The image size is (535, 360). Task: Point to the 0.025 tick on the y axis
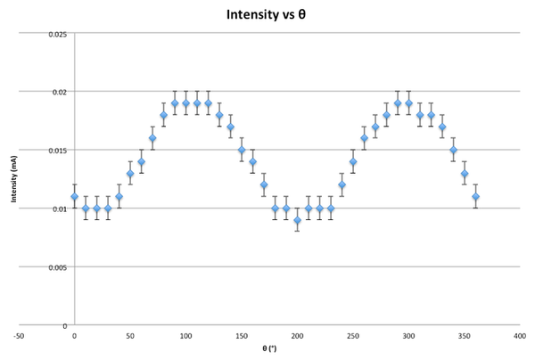click(56, 34)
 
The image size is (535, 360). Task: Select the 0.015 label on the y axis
click(56, 151)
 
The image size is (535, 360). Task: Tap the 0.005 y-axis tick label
click(56, 267)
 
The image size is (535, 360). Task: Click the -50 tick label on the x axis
click(20, 336)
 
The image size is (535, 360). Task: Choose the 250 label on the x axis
click(353, 336)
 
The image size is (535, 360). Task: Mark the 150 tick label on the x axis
click(242, 336)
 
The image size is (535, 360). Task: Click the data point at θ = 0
click(75, 197)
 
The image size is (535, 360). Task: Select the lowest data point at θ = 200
click(297, 220)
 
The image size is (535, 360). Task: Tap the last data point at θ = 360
click(475, 197)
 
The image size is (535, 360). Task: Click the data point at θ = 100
click(185, 103)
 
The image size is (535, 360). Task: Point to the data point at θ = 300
click(408, 103)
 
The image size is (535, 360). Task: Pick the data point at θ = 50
click(130, 174)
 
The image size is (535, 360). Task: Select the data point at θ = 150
click(242, 150)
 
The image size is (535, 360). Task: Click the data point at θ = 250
click(353, 162)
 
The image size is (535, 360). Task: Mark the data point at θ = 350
click(465, 174)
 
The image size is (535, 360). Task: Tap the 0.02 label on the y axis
click(58, 92)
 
